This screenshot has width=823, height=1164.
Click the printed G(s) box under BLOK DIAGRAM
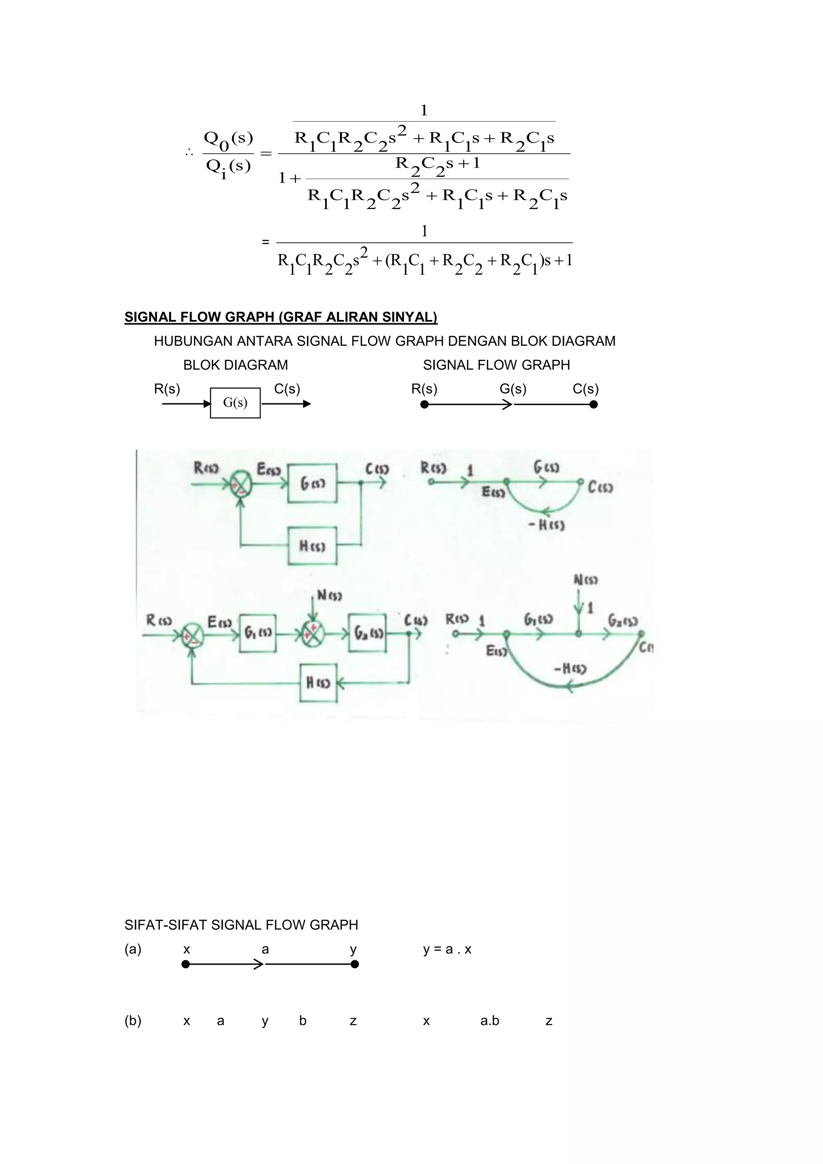coord(235,403)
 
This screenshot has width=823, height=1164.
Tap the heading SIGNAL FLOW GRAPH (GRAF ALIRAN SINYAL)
coord(281,317)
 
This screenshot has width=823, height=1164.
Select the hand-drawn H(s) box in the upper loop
coord(312,546)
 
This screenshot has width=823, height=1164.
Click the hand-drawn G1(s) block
coord(258,633)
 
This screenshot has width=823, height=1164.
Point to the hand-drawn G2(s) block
coord(367,633)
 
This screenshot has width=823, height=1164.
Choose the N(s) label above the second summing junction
coord(329,595)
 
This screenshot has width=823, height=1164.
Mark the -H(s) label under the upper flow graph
coord(546,525)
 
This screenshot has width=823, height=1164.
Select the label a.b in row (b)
coord(489,1020)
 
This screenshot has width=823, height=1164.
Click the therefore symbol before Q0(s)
coord(188,152)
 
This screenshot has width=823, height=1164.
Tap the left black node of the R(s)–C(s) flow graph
coord(425,404)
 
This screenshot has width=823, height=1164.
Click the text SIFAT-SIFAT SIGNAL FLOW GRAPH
coord(241,925)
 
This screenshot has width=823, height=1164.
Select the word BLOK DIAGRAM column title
coord(235,365)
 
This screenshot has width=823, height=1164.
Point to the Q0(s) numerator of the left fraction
coord(228,138)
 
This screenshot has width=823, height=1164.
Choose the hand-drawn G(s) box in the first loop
coord(312,483)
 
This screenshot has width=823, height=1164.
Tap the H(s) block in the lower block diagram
coord(318,683)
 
